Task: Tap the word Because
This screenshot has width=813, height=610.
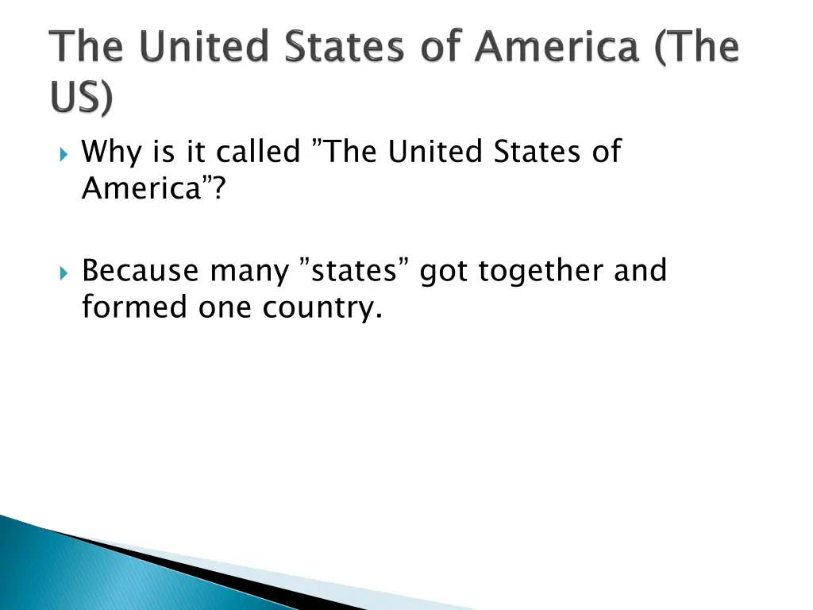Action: (141, 272)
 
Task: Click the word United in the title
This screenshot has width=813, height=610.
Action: (201, 47)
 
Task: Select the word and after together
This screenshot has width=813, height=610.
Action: (640, 272)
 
